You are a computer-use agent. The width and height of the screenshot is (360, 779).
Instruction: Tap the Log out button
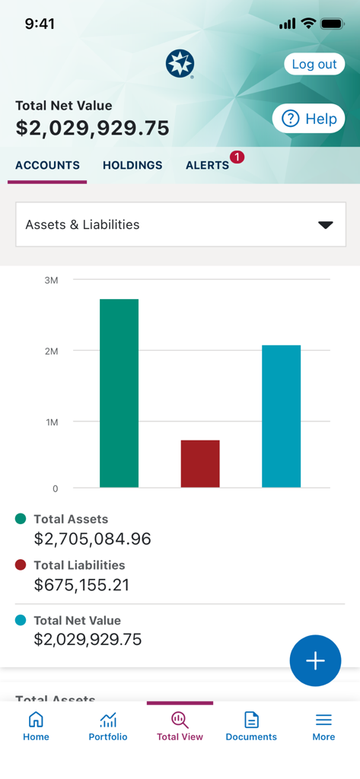tap(314, 64)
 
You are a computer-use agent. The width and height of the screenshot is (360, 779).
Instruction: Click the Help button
tap(308, 119)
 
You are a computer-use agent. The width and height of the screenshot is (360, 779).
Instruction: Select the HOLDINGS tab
tap(132, 165)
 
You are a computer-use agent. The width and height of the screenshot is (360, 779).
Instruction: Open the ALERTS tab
tap(207, 165)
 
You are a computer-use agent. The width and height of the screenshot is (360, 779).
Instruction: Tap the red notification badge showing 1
tap(237, 157)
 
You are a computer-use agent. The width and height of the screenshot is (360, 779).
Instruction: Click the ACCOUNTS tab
tap(47, 165)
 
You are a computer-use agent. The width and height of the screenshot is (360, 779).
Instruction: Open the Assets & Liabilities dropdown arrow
tap(325, 224)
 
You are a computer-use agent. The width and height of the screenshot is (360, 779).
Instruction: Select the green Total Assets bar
tap(119, 393)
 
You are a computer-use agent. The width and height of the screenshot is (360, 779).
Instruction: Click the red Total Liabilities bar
tap(200, 463)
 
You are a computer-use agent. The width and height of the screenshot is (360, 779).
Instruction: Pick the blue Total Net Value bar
tap(281, 416)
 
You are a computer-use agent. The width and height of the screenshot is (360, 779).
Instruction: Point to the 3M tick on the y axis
tap(51, 280)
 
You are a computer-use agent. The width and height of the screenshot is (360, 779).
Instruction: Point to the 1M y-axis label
tap(51, 421)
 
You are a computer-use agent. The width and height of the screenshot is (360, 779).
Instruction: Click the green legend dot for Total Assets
tap(21, 519)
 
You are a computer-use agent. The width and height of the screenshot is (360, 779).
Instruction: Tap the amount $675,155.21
tap(81, 585)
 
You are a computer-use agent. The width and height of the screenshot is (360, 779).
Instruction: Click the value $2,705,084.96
tap(92, 539)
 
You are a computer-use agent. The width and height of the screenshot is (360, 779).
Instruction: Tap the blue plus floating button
tap(315, 660)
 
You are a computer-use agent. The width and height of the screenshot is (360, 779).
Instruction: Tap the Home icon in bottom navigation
tap(36, 720)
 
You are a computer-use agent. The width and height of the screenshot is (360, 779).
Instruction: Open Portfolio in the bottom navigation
tap(108, 726)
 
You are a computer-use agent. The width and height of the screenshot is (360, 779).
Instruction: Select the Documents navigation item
tap(251, 726)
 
